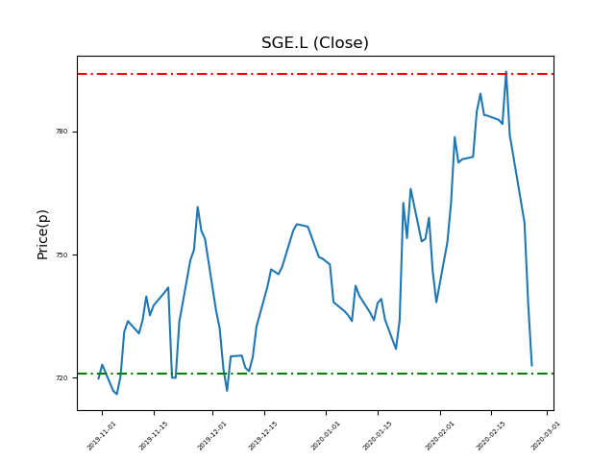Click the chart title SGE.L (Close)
315,43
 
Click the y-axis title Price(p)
43,233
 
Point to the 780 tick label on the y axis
61,132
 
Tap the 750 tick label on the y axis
61,255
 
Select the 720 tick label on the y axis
61,378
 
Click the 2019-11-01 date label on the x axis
102,435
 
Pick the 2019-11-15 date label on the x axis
154,435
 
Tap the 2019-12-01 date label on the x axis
213,435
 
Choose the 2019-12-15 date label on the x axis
264,435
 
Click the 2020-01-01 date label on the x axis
327,435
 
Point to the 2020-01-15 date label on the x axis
379,435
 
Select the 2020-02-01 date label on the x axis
441,435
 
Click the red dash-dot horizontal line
288,74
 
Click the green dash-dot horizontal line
288,374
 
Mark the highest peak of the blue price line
506,72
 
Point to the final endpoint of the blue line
531,366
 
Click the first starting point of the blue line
98,378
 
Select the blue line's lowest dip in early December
227,391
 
